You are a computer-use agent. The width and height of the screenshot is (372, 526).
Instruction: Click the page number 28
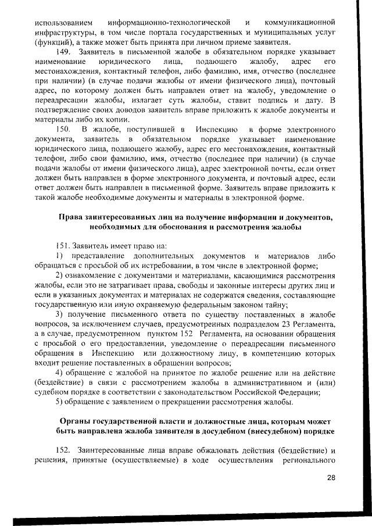(331, 478)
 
